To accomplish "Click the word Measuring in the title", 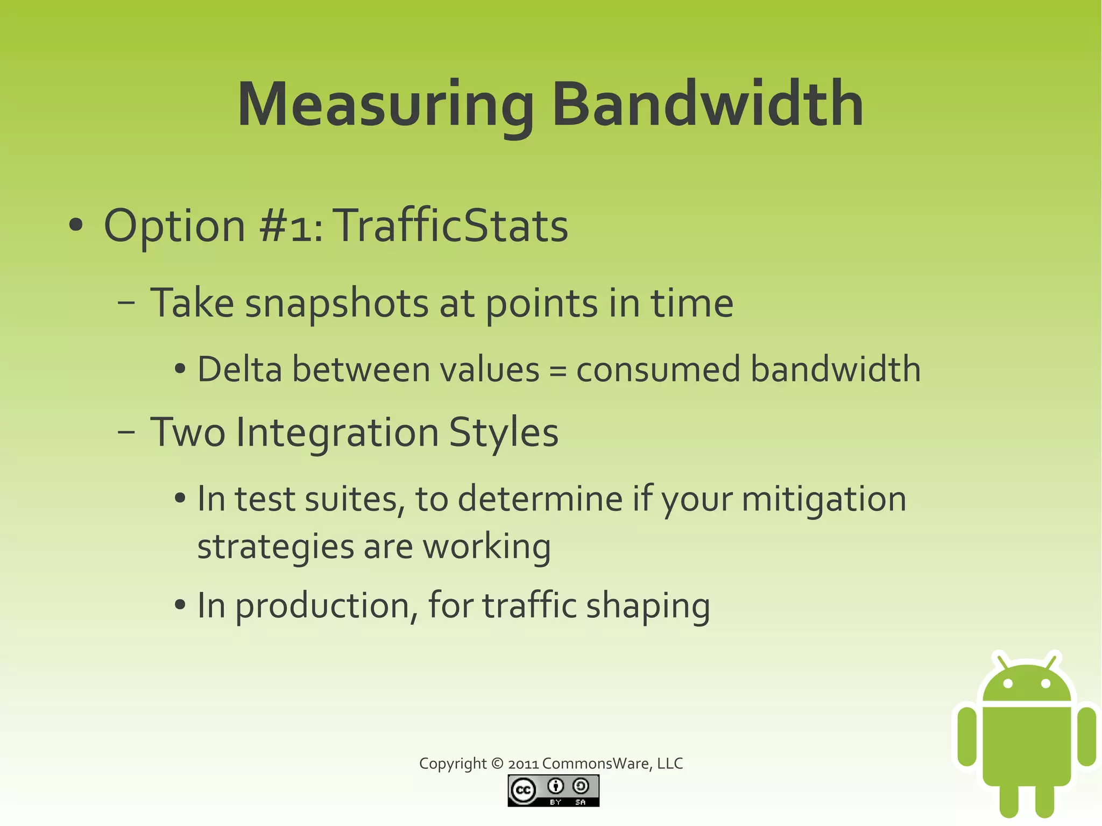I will coord(385,105).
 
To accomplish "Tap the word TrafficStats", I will coord(451,226).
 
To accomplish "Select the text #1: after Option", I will coord(291,226).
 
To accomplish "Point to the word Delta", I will coord(240,370).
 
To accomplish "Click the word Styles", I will coord(504,433).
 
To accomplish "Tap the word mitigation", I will coord(824,499).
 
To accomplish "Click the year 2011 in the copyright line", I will coord(523,764).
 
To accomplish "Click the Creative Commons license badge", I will coord(553,790).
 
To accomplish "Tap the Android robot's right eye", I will coord(1046,684).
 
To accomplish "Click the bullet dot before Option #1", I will coord(76,225).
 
